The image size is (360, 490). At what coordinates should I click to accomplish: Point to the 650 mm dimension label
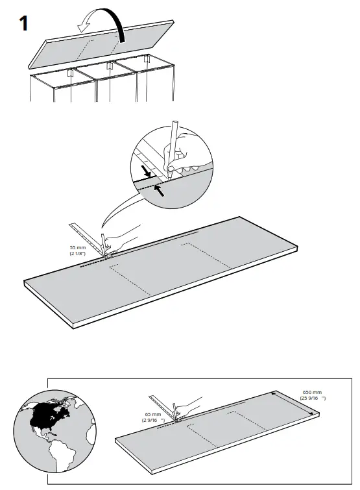313,395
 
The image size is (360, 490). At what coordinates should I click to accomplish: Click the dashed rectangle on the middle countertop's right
207,256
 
